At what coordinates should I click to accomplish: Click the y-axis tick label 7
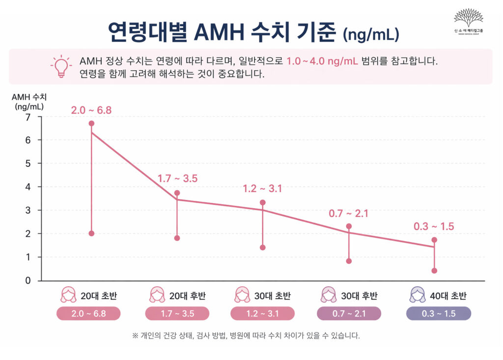(28, 117)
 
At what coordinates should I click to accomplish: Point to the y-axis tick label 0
(28, 280)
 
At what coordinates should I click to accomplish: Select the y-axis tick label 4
(28, 187)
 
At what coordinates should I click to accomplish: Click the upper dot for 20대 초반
(91, 123)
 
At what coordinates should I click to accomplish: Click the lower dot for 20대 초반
(91, 233)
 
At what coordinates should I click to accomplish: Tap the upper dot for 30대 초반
(263, 202)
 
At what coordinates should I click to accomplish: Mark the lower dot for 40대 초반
(434, 271)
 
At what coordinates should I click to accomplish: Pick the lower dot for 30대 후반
(349, 261)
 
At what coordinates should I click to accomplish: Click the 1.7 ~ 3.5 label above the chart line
(177, 179)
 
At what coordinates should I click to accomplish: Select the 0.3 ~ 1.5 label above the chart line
(434, 226)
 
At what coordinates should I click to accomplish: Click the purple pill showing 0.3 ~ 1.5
(438, 314)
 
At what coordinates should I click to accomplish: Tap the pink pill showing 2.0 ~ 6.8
(88, 314)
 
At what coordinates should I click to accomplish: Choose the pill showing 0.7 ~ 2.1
(349, 314)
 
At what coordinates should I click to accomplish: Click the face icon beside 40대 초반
(417, 295)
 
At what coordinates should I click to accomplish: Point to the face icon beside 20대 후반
(157, 295)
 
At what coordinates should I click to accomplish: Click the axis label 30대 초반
(272, 296)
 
